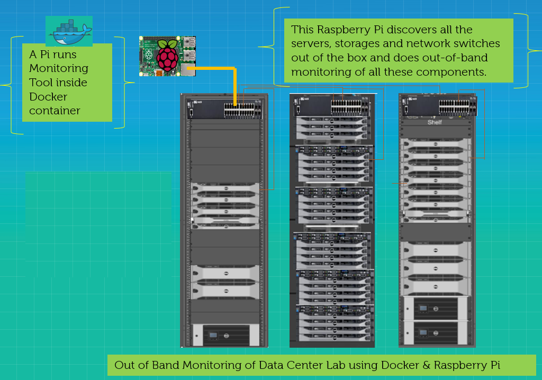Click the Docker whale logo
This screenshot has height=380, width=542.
pos(69,32)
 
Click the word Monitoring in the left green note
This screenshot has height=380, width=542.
pos(58,68)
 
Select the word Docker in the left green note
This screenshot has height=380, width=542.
pos(48,97)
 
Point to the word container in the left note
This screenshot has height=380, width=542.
pos(55,111)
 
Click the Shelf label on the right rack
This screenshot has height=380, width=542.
pos(435,123)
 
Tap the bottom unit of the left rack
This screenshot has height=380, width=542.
pos(224,335)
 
